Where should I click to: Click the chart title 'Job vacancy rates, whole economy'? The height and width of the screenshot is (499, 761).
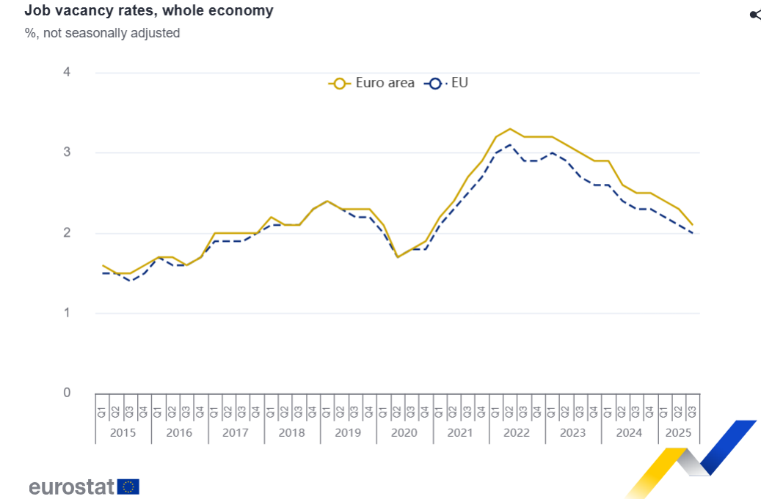tap(149, 11)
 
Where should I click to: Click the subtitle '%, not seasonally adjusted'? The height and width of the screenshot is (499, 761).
tap(102, 33)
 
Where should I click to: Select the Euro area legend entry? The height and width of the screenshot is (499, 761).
tap(372, 83)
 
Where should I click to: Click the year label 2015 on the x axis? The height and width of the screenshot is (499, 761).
tap(123, 432)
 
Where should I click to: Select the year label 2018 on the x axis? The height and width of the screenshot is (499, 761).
tap(291, 432)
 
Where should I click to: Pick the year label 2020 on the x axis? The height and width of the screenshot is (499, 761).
tap(404, 432)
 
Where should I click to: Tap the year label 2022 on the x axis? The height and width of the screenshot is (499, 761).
tap(516, 432)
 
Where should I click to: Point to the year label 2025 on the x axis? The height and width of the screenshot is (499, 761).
tap(677, 432)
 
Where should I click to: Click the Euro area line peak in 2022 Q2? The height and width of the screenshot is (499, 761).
tap(510, 129)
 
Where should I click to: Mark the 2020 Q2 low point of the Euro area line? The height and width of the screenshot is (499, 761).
tap(398, 256)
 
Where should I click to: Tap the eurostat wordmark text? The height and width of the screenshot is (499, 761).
tap(71, 487)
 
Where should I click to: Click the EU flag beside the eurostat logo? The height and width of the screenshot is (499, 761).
tap(129, 487)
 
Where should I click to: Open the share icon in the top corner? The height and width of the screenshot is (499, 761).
tap(754, 15)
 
